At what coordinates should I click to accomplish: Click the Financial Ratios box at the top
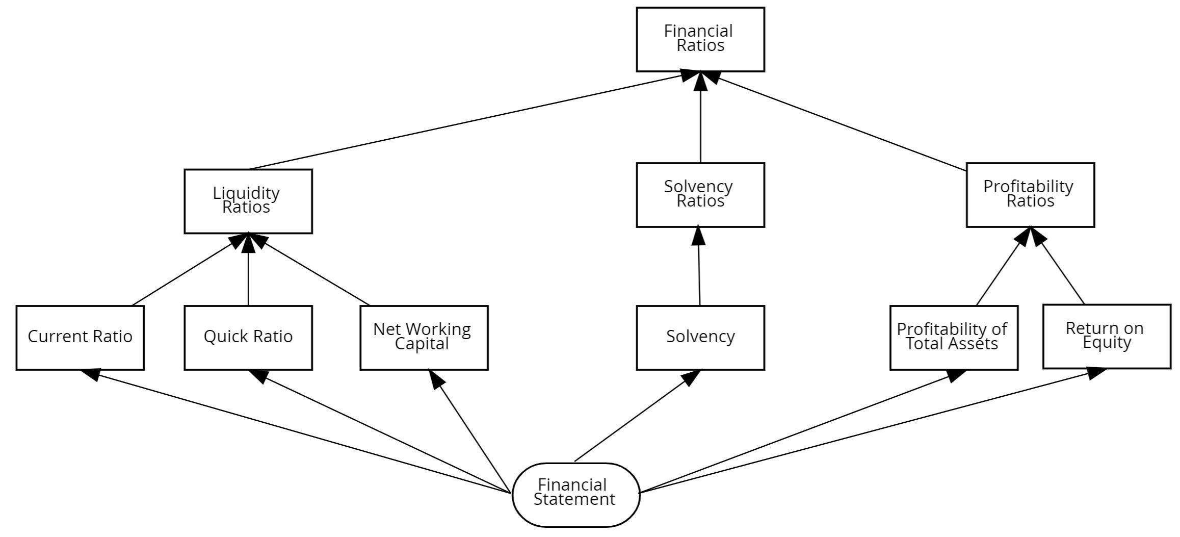pos(700,39)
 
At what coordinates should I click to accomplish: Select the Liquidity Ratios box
pos(248,201)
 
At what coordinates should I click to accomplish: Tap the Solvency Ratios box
pos(700,195)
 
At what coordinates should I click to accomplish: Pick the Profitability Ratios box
pos(1030,195)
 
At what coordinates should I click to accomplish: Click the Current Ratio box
pos(80,337)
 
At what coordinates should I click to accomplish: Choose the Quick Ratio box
pos(248,337)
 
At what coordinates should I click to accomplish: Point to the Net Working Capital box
pos(424,337)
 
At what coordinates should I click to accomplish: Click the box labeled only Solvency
pos(700,337)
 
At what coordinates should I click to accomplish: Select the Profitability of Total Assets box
pos(953,337)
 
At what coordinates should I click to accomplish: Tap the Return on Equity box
pos(1106,336)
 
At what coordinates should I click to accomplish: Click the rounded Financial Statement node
pos(575,494)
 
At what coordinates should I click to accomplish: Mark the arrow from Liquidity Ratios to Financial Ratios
pos(466,122)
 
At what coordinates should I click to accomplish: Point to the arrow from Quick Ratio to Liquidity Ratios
pos(248,275)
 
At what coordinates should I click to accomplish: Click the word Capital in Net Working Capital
pos(422,344)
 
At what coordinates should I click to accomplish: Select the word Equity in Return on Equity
pos(1107,342)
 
